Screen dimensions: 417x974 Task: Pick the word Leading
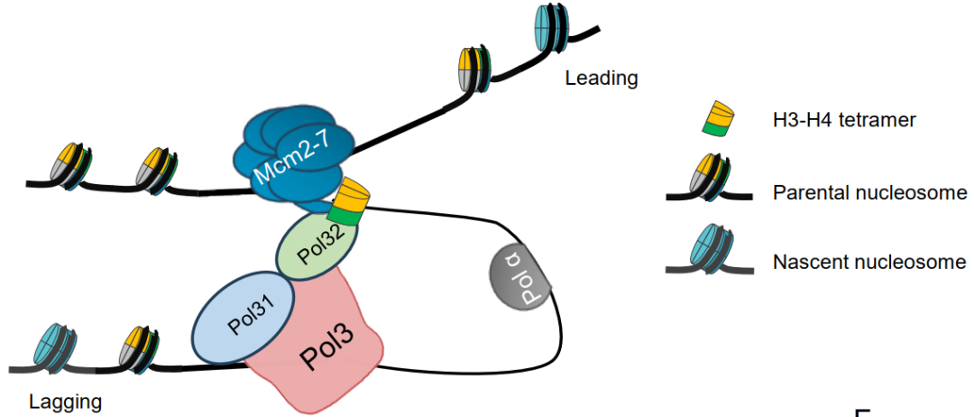point(602,79)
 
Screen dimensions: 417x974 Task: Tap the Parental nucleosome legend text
point(869,193)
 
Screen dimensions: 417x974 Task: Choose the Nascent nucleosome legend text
point(869,263)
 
